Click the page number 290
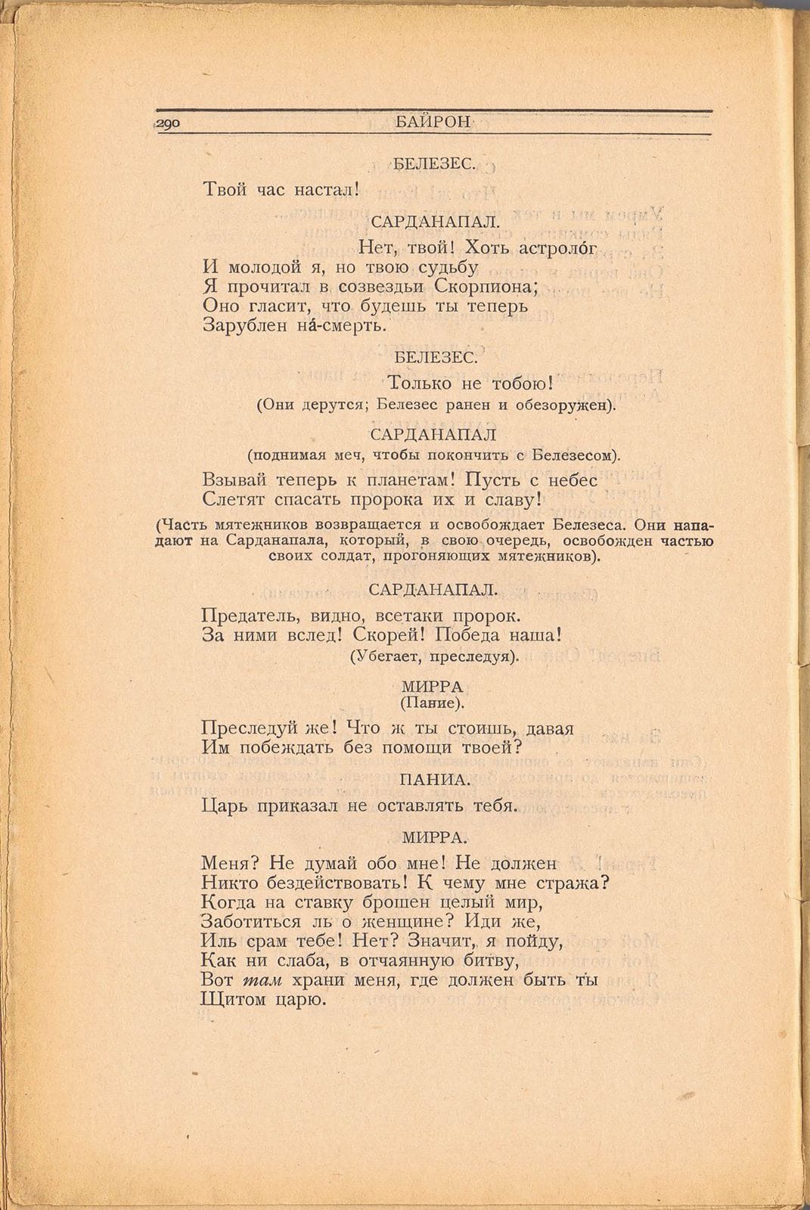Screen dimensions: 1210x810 (167, 123)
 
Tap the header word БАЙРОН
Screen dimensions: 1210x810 (433, 123)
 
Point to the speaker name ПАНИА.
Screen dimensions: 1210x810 (435, 779)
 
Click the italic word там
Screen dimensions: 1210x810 (262, 980)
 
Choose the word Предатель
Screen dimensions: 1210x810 (246, 616)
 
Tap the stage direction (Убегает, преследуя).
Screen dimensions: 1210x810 (435, 656)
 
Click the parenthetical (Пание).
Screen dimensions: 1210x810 (433, 703)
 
